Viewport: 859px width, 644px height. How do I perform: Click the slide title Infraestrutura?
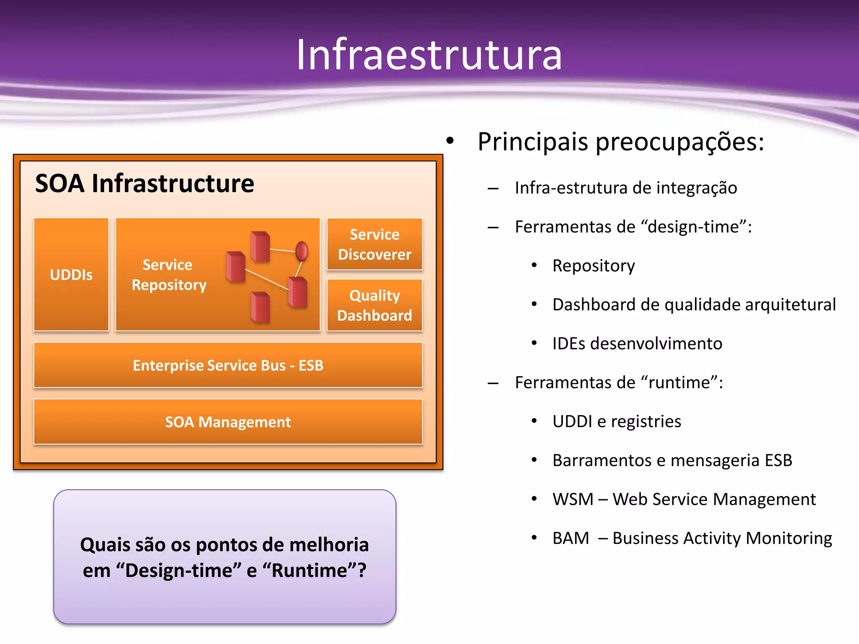pyautogui.click(x=429, y=55)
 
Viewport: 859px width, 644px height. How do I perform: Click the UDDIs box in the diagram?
pyautogui.click(x=71, y=275)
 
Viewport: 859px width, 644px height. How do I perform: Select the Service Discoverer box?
pyautogui.click(x=375, y=244)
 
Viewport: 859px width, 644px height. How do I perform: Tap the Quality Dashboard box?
pyautogui.click(x=375, y=305)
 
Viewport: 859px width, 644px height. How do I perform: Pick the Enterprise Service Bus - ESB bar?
pyautogui.click(x=228, y=365)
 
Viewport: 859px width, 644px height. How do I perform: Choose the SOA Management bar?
pyautogui.click(x=228, y=422)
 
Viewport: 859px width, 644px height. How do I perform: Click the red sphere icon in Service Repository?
pyautogui.click(x=302, y=251)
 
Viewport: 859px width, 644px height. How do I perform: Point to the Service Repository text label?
pyautogui.click(x=169, y=275)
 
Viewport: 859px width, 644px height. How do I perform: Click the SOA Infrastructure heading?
pyautogui.click(x=145, y=183)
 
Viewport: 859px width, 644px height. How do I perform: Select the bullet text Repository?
pyautogui.click(x=593, y=266)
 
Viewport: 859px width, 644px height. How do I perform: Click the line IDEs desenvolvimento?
pyautogui.click(x=637, y=343)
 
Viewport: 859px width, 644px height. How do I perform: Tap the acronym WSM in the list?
pyautogui.click(x=573, y=499)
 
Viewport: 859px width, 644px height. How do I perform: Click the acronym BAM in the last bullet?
pyautogui.click(x=570, y=538)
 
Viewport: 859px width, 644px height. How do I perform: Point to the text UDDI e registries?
pyautogui.click(x=617, y=421)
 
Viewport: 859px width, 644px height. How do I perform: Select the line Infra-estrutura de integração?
pyautogui.click(x=626, y=188)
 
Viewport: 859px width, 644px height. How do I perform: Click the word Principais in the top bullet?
pyautogui.click(x=533, y=142)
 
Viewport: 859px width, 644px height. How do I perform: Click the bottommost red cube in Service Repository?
pyautogui.click(x=260, y=307)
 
